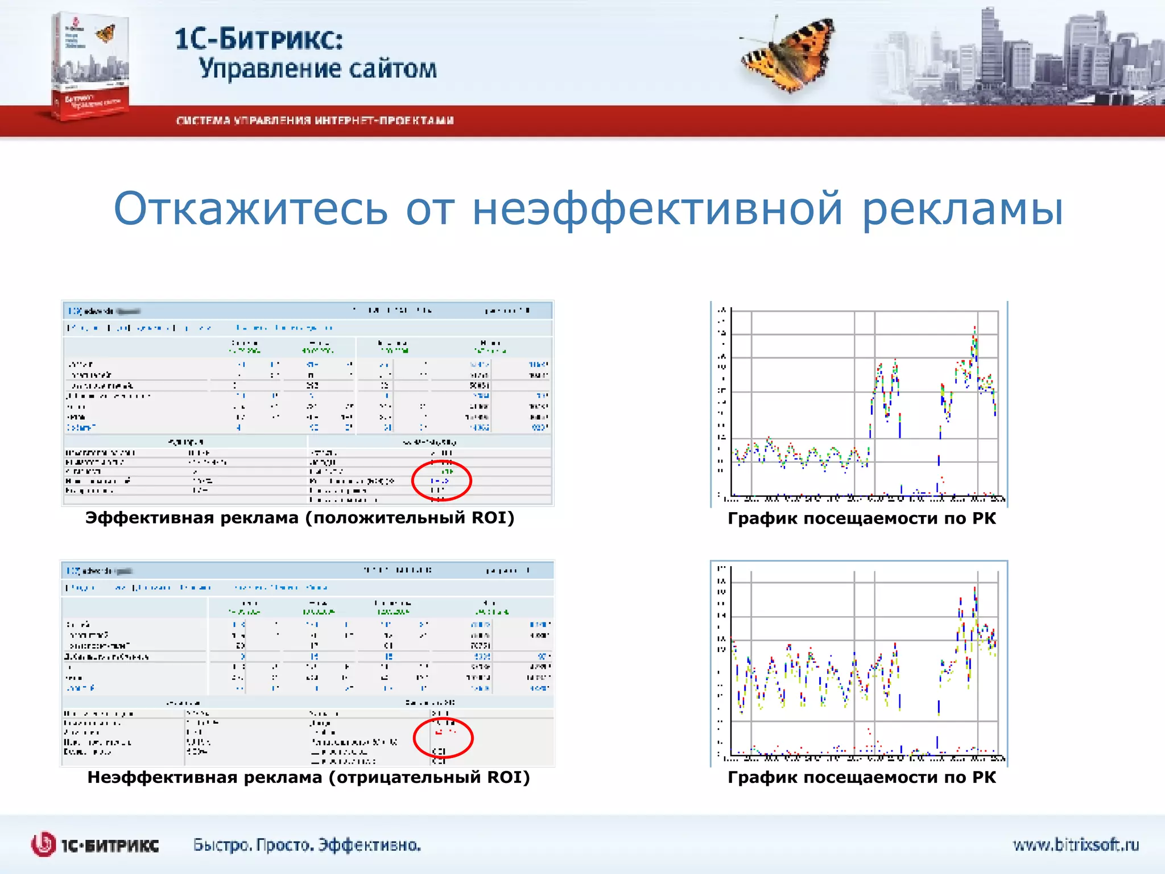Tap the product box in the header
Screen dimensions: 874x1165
[x=90, y=65]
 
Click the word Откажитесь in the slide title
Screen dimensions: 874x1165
[x=250, y=209]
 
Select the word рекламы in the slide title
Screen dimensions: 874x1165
[x=962, y=209]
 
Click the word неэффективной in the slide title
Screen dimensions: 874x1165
[x=657, y=209]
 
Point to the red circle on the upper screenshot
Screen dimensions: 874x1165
[x=441, y=481]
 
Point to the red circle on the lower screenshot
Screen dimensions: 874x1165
[x=443, y=738]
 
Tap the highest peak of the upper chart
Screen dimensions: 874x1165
[x=974, y=329]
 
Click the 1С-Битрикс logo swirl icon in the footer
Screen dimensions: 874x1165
[x=43, y=844]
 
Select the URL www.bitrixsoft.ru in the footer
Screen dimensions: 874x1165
[x=1075, y=845]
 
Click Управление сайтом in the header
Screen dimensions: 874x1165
[x=317, y=69]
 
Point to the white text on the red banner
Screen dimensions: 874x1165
[x=315, y=121]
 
